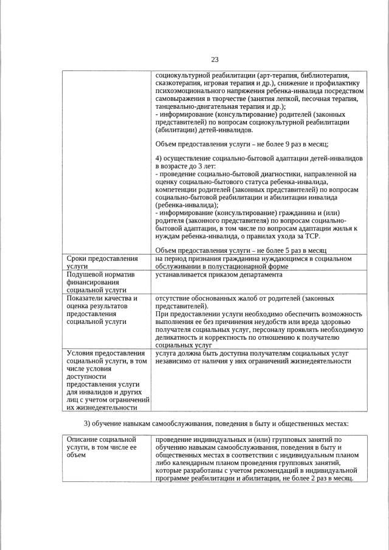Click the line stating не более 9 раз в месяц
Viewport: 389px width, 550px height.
coord(242,144)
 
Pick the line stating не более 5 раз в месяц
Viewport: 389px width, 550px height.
coord(241,250)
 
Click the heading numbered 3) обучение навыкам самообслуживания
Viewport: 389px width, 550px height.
coord(216,422)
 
